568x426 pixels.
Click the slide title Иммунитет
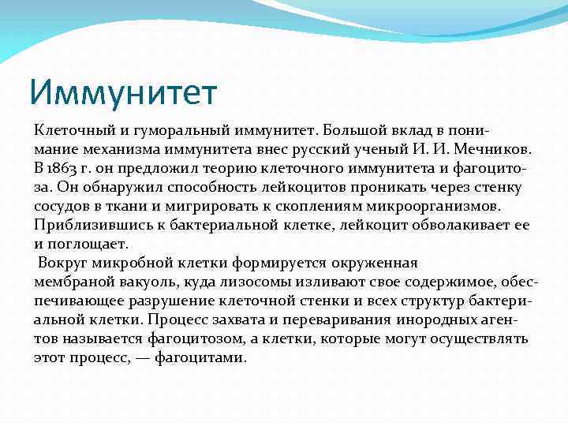(123, 92)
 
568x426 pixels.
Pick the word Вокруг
(62, 263)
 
